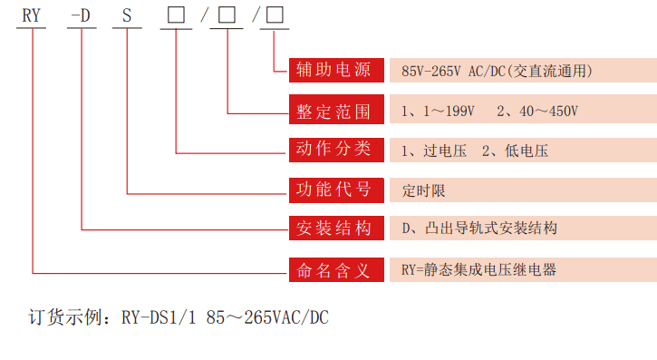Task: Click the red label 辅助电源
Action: point(334,70)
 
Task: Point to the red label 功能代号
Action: point(334,190)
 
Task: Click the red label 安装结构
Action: point(334,229)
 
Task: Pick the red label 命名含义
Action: point(334,269)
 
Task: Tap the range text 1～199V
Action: point(448,111)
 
